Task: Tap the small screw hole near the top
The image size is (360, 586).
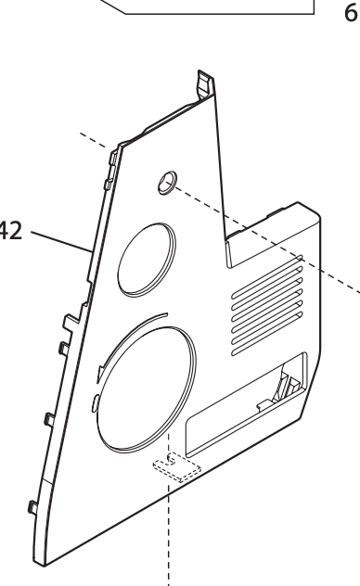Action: coord(165,179)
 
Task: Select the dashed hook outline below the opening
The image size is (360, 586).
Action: coord(176,465)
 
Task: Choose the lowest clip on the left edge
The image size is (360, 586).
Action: coord(32,507)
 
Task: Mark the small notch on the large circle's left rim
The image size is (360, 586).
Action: coord(96,401)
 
